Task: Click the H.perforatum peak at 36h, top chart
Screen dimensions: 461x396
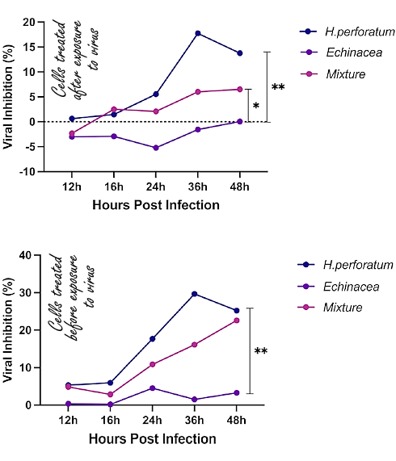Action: [197, 33]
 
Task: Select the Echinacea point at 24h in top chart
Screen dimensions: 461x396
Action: [155, 148]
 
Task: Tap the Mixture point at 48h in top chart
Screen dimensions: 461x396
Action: [239, 89]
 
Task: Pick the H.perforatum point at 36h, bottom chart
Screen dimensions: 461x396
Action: [195, 294]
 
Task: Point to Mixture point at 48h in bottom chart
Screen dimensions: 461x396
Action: [237, 321]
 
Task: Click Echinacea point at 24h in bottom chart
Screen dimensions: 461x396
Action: [153, 388]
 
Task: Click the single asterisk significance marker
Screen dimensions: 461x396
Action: [256, 107]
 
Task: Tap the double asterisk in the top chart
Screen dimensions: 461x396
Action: [277, 87]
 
